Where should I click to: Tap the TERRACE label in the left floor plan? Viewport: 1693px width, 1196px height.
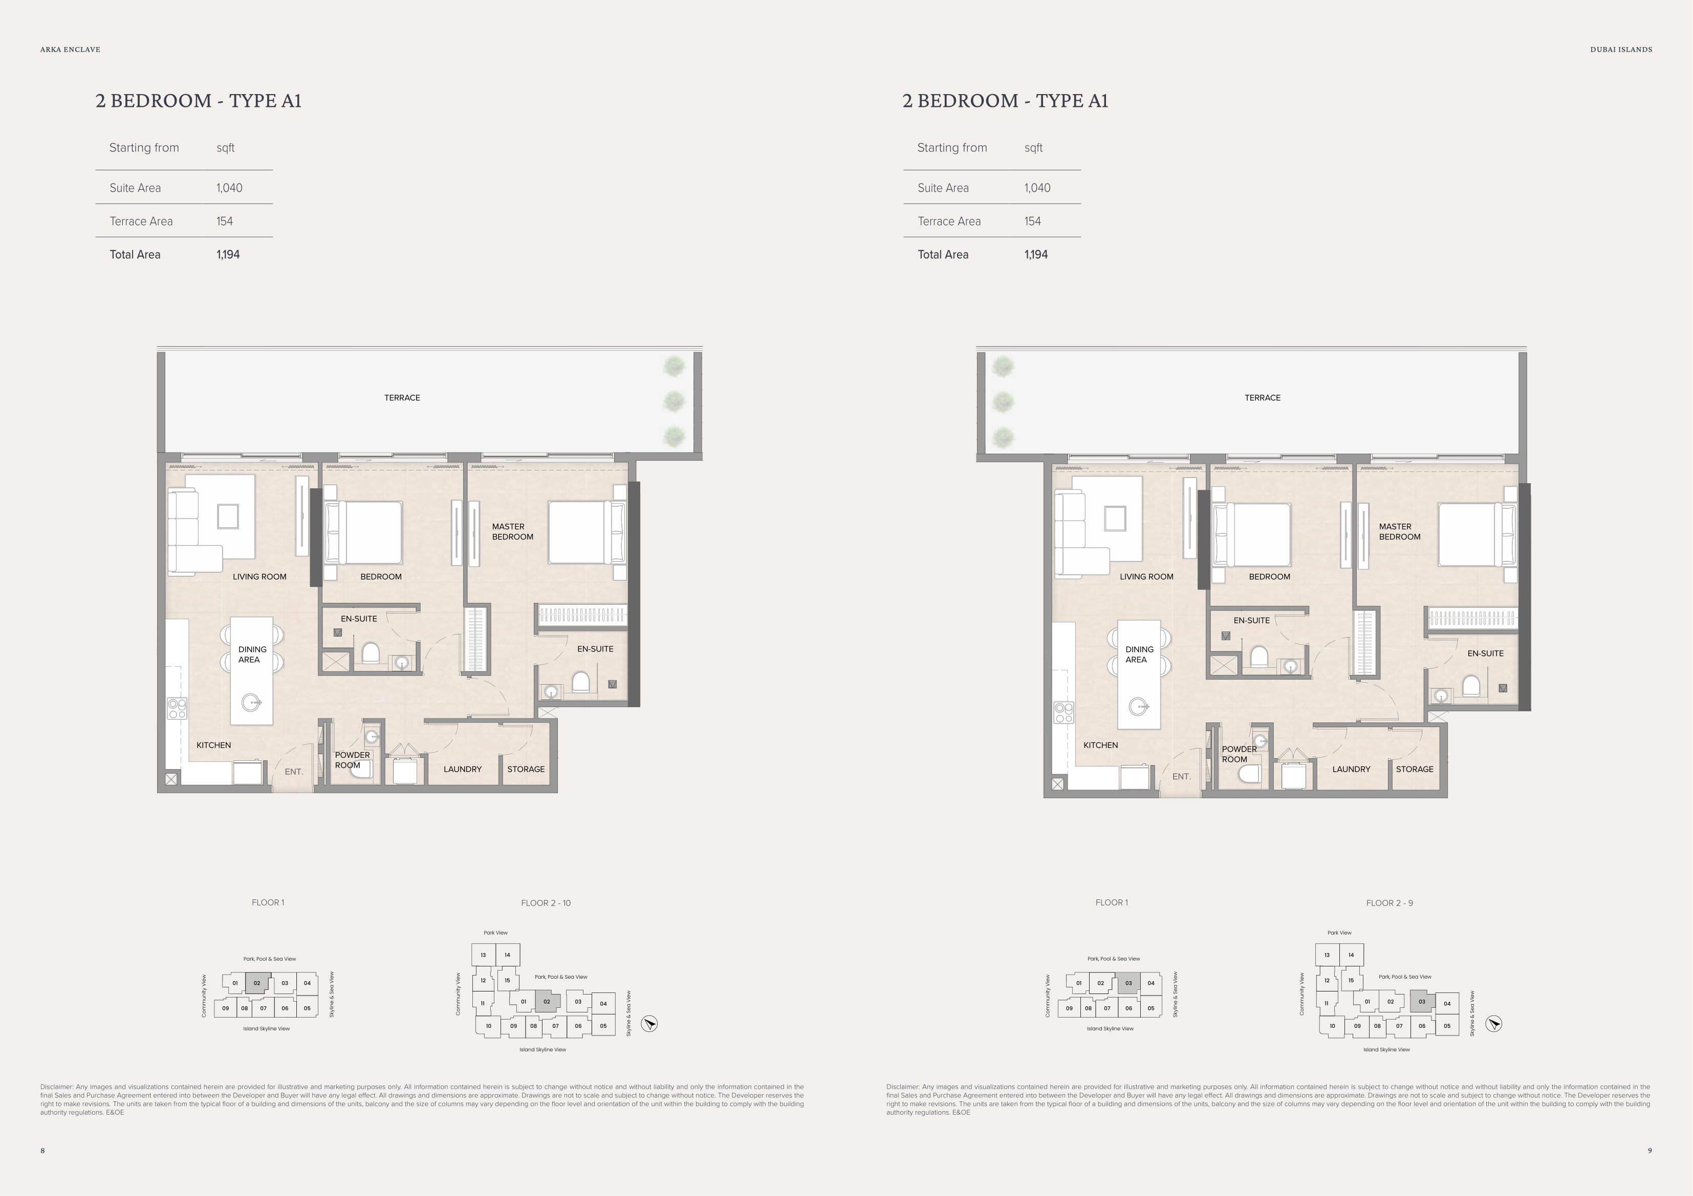(402, 398)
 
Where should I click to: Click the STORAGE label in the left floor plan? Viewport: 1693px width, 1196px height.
(526, 770)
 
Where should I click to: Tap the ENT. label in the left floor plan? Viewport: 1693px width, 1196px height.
(293, 772)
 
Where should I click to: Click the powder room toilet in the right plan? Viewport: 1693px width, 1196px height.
(1250, 774)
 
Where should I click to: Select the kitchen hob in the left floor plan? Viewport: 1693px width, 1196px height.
(177, 708)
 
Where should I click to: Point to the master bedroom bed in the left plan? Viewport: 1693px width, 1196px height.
(586, 532)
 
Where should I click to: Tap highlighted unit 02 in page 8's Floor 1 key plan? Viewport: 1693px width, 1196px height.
(256, 983)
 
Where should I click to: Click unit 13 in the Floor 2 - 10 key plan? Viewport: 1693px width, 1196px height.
(483, 955)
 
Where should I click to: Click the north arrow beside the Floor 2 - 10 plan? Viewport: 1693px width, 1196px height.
(649, 1024)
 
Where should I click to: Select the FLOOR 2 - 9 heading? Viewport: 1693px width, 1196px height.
(1389, 902)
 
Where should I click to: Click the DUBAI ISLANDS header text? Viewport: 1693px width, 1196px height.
(1621, 50)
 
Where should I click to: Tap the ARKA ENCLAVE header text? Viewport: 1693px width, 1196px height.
(70, 50)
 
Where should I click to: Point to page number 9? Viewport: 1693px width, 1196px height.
(1650, 1150)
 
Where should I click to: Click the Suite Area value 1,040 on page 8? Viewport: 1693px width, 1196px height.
(229, 188)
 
